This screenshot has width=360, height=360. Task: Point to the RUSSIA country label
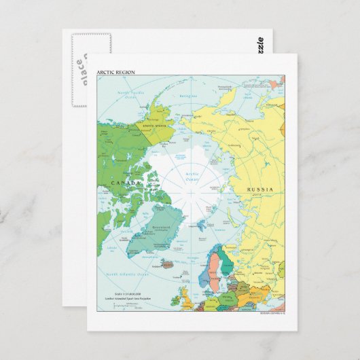click(x=259, y=189)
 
